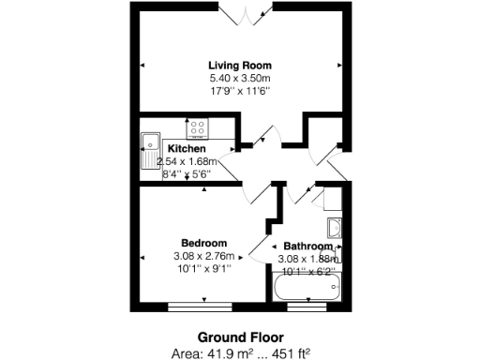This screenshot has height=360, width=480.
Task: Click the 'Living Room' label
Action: pyautogui.click(x=240, y=65)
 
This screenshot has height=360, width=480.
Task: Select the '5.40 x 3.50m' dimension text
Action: pyautogui.click(x=240, y=78)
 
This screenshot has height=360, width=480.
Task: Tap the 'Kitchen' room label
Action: pyautogui.click(x=187, y=148)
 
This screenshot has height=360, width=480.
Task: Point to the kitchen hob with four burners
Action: pyautogui.click(x=198, y=128)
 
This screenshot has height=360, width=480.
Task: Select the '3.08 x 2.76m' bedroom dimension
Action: pyautogui.click(x=202, y=256)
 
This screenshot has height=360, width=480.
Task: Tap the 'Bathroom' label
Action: pyautogui.click(x=307, y=247)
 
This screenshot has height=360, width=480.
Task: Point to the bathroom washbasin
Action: pyautogui.click(x=335, y=226)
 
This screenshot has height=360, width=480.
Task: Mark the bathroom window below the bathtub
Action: pyautogui.click(x=307, y=305)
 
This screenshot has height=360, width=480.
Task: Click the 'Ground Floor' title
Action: pyautogui.click(x=240, y=337)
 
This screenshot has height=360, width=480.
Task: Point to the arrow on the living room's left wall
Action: pyautogui.click(x=142, y=65)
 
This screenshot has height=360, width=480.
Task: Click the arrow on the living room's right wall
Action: pyautogui.click(x=338, y=65)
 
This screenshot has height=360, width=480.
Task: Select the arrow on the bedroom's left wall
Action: pyautogui.click(x=142, y=256)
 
